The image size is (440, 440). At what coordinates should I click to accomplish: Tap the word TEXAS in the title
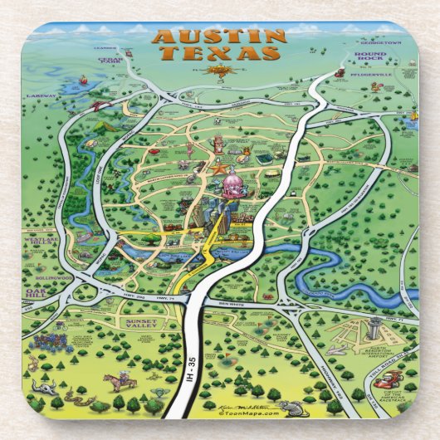point(219,53)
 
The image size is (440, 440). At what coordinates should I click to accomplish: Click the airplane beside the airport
point(335,350)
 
